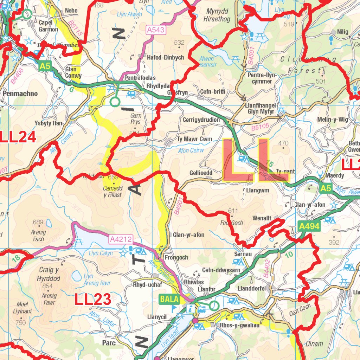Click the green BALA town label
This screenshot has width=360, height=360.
(x=169, y=300)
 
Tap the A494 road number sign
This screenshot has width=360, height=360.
(x=309, y=226)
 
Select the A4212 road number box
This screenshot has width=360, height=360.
(x=121, y=240)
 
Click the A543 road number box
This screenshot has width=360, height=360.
(x=156, y=30)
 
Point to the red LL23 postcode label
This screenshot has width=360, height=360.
(x=93, y=300)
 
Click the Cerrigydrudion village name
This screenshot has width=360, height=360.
(x=201, y=120)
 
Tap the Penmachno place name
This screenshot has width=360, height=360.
(x=20, y=94)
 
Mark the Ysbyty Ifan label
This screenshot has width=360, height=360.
(x=49, y=123)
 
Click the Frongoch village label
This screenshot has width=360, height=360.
(x=176, y=257)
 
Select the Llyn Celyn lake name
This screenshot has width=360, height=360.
(x=101, y=253)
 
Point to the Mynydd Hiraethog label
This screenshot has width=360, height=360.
(x=217, y=15)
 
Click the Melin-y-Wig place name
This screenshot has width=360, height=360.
(x=333, y=120)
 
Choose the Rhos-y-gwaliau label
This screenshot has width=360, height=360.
(x=240, y=325)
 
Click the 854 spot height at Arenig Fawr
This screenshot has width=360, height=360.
(x=47, y=286)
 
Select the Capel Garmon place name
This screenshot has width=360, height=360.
(x=48, y=26)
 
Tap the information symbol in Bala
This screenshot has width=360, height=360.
(x=190, y=309)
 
